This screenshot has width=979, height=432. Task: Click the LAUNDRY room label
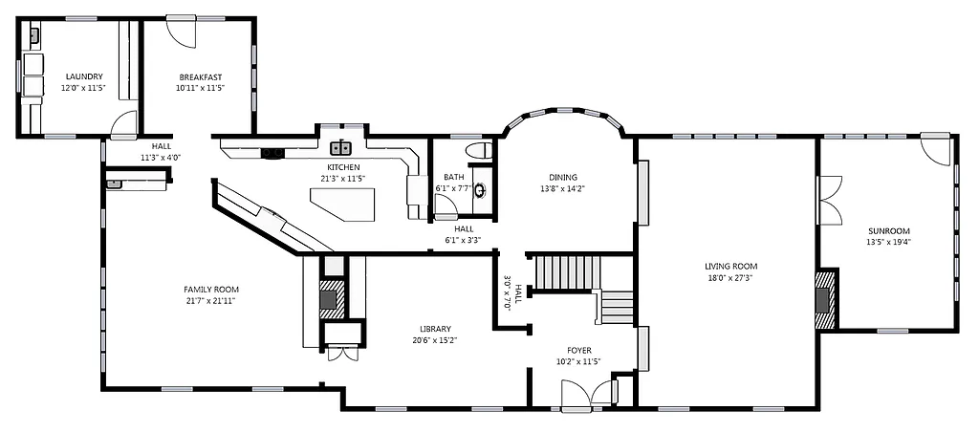83,76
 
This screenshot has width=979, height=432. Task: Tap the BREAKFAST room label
200,76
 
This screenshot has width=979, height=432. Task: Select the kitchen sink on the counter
342,148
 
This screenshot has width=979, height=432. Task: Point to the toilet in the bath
477,151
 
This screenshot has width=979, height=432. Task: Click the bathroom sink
480,189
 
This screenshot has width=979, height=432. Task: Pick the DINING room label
562,177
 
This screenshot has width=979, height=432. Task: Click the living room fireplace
824,298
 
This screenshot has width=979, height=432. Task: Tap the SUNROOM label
888,230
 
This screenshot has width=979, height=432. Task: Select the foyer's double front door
589,395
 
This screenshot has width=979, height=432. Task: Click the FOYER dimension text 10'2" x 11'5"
577,361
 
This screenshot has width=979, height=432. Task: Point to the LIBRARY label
434,329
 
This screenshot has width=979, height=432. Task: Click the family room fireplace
329,299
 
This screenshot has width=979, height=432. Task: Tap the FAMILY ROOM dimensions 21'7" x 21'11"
210,300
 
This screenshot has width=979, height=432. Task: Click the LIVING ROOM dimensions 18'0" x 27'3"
730,278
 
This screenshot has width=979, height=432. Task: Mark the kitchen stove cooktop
272,151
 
